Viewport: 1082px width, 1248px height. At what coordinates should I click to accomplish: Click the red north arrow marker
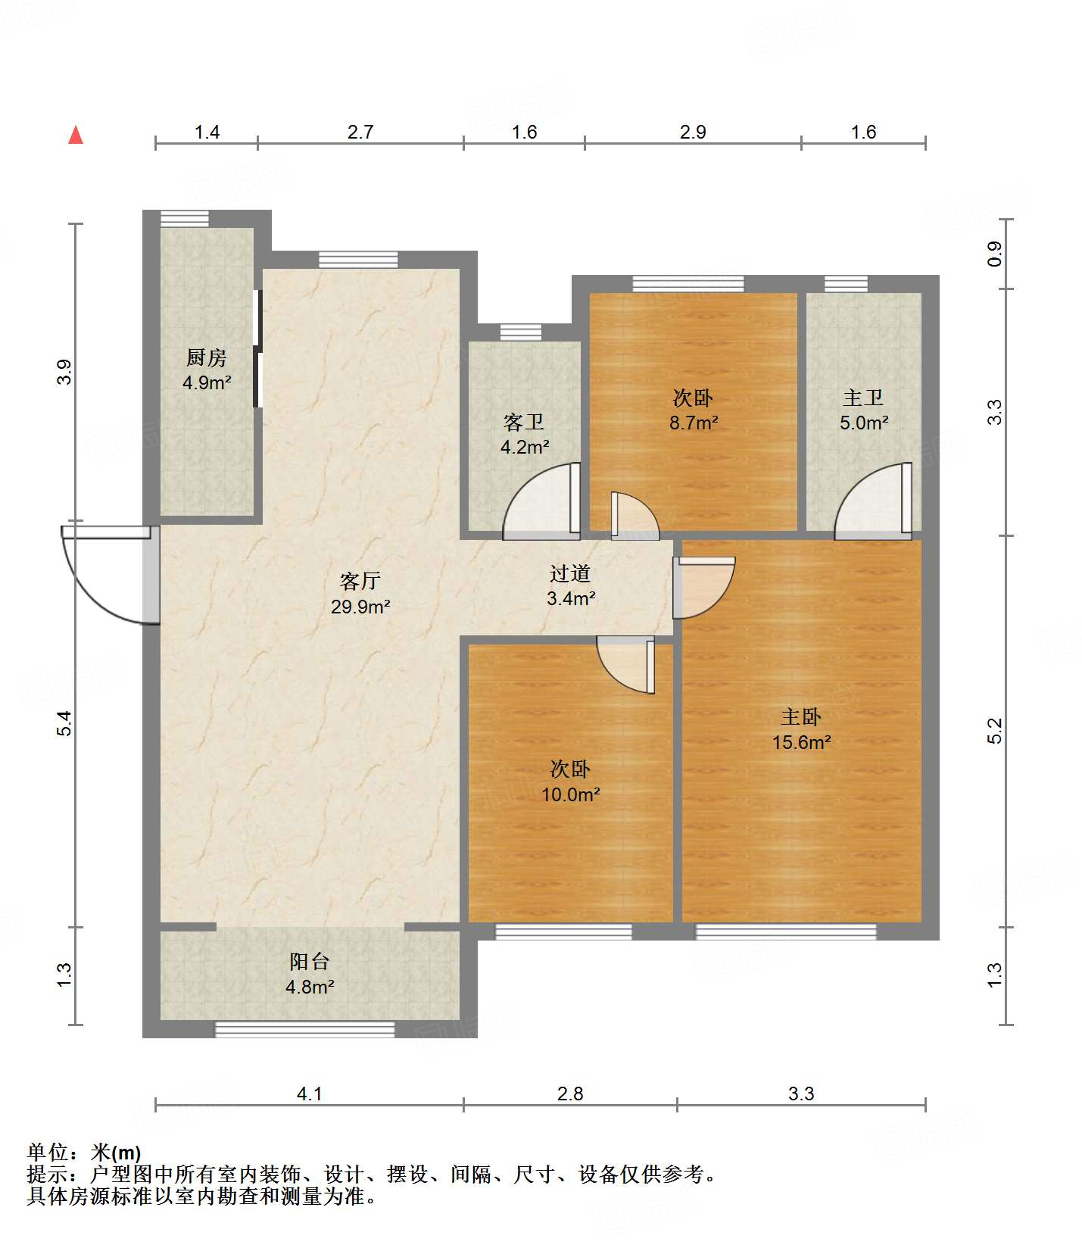[x=76, y=136]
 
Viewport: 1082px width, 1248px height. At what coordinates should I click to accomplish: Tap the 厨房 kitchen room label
[x=206, y=357]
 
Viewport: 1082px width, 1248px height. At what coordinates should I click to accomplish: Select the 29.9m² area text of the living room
[x=360, y=607]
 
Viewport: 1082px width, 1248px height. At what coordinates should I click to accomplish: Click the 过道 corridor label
[x=570, y=574]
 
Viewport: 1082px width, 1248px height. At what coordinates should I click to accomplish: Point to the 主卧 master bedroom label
[x=801, y=716]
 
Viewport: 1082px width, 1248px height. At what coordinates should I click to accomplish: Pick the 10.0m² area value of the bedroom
[x=570, y=794]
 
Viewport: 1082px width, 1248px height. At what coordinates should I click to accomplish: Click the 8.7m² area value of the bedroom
[x=693, y=423]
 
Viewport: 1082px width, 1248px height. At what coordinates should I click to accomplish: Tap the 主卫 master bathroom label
[x=863, y=398]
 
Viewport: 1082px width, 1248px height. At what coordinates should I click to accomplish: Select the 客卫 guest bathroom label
[x=524, y=422]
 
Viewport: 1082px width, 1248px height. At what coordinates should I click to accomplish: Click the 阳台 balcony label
[x=310, y=962]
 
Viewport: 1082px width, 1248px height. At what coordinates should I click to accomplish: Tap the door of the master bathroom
[x=871, y=504]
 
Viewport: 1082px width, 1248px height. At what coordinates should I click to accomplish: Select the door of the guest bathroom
[x=539, y=504]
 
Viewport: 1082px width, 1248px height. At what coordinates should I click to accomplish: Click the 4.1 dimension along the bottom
[x=309, y=1094]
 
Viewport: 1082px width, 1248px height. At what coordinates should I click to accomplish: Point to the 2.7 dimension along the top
[x=360, y=133]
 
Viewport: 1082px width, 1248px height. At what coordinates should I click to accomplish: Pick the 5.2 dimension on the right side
[x=994, y=731]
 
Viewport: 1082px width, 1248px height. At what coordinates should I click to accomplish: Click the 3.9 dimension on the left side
[x=64, y=372]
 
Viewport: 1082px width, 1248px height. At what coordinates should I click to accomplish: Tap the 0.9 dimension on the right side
[x=994, y=254]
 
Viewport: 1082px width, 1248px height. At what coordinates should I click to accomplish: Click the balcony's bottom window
[x=305, y=1029]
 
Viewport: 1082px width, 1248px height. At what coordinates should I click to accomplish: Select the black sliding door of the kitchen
[x=257, y=348]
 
